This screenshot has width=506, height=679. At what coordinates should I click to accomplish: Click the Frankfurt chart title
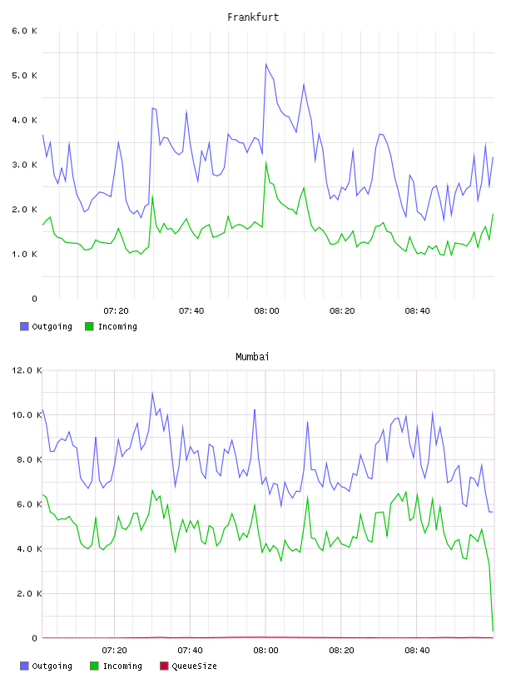(253, 17)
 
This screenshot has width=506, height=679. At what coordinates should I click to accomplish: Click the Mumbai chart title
(252, 357)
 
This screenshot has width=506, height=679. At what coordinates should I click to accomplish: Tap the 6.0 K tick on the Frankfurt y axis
(24, 31)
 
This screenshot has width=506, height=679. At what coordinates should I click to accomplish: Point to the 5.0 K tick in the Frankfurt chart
(24, 76)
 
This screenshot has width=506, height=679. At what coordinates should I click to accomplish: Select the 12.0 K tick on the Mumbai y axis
(27, 370)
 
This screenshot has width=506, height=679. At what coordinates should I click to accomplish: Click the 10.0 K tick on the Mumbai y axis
(27, 415)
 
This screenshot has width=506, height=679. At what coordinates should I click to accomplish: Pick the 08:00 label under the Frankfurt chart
(266, 311)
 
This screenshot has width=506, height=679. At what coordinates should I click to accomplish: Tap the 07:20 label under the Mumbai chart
(114, 651)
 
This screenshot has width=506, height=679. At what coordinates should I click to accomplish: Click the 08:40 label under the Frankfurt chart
(417, 311)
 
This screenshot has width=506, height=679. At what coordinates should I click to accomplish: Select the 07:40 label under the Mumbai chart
(190, 651)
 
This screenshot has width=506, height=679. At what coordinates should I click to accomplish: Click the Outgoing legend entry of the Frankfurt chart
(46, 326)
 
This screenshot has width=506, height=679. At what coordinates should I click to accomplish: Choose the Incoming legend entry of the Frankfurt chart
(111, 326)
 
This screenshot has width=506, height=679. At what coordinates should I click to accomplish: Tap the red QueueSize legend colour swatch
(164, 666)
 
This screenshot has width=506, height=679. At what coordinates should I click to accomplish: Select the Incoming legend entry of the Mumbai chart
(116, 666)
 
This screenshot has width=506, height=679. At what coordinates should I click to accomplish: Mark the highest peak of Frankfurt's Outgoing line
(266, 64)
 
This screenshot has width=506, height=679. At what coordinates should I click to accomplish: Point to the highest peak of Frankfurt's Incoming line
(266, 162)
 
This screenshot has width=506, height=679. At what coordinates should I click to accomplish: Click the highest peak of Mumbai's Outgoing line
(152, 394)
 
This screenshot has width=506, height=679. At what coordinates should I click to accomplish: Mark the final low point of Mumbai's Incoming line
(493, 631)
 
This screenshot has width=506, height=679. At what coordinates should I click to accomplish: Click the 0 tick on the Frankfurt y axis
(35, 299)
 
